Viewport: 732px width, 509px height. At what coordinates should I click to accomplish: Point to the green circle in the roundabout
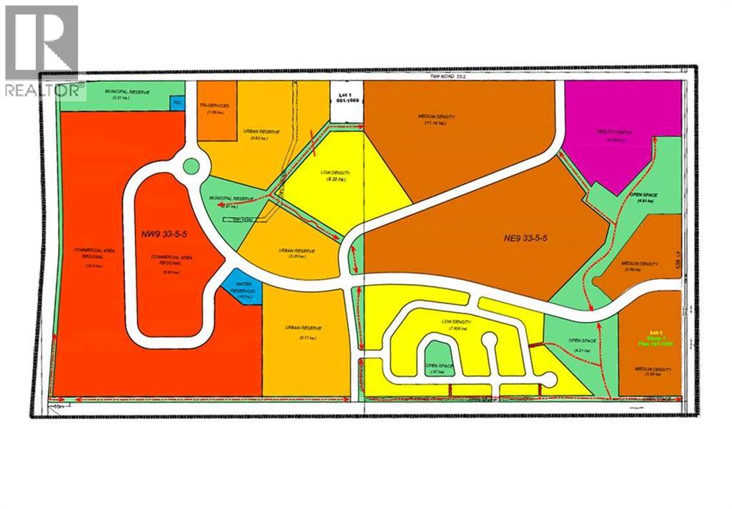coord(190,166)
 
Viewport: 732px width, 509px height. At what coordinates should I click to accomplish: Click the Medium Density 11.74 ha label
coord(436,119)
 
